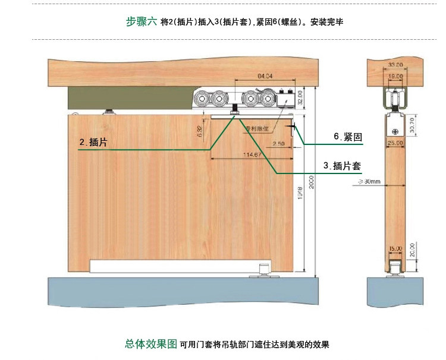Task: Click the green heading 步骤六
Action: click(x=142, y=21)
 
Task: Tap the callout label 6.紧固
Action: click(x=348, y=137)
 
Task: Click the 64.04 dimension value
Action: click(x=265, y=76)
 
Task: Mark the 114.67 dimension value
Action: click(x=252, y=155)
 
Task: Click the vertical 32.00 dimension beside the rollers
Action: click(x=300, y=97)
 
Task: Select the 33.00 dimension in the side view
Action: click(x=395, y=64)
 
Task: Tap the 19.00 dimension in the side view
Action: click(x=395, y=77)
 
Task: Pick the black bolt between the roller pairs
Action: click(x=236, y=109)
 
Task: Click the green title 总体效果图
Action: click(x=150, y=344)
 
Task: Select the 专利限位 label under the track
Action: click(x=257, y=127)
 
